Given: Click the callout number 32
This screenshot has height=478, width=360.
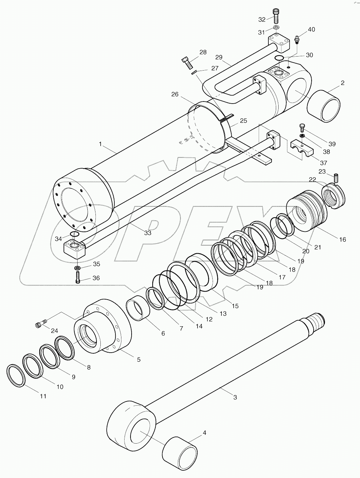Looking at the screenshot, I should click(x=262, y=19).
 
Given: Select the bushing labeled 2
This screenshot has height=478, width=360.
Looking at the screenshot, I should click(x=324, y=106).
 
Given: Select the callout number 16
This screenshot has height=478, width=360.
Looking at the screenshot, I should click(x=342, y=240).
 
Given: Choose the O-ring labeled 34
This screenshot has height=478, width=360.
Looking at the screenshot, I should click(x=75, y=234).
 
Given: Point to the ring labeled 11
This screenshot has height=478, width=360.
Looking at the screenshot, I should click(x=16, y=375).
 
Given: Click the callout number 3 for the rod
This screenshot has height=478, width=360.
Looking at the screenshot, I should click(x=235, y=397).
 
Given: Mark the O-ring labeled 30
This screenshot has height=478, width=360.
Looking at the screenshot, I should click(x=279, y=58).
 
